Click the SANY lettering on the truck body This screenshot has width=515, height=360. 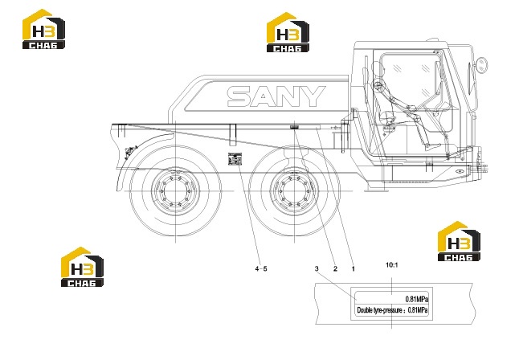(x=276, y=96)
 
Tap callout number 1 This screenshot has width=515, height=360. (x=354, y=268)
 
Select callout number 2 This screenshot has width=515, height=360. (x=335, y=268)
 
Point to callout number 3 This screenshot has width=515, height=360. (x=317, y=268)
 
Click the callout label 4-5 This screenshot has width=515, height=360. (x=261, y=268)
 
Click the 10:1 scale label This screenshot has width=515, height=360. (x=392, y=264)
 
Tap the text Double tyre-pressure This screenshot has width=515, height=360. (x=379, y=310)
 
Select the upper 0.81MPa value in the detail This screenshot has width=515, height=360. (x=417, y=299)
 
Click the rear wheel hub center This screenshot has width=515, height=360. (x=175, y=190)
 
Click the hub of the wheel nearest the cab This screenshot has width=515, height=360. (x=294, y=190)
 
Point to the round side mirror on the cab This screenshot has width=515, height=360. (x=482, y=65)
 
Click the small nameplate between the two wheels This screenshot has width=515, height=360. (x=235, y=159)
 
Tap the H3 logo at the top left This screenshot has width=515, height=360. (x=43, y=29)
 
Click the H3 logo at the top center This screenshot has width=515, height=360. (x=288, y=32)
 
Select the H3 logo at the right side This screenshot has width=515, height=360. (x=459, y=241)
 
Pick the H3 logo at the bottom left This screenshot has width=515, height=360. (x=82, y=267)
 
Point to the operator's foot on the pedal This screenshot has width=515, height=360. (x=433, y=146)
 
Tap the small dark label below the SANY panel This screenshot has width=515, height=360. (x=293, y=127)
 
